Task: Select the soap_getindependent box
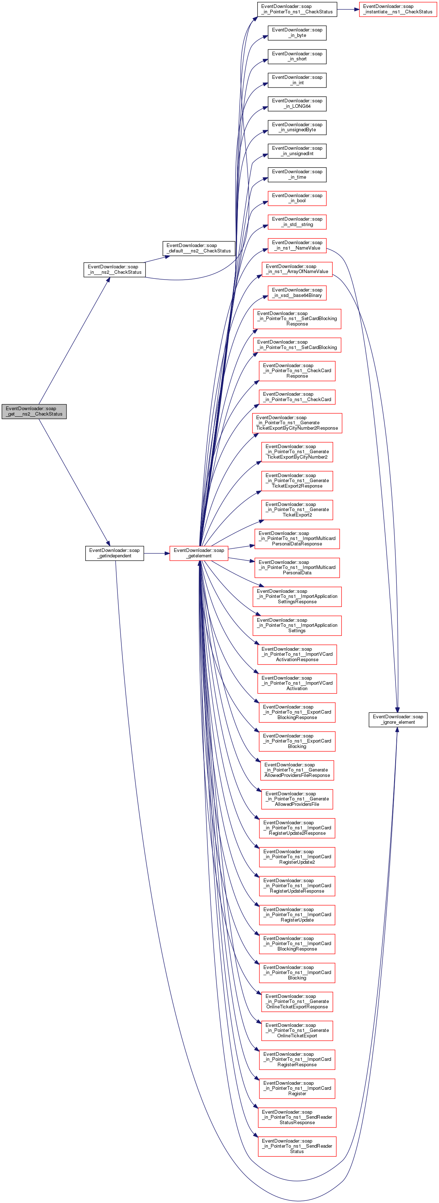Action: pos(114,553)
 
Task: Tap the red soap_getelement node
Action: pos(199,553)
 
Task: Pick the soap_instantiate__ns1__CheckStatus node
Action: pos(397,9)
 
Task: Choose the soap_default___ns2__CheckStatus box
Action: pos(199,248)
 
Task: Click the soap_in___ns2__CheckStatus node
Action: pos(114,269)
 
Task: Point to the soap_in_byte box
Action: pos(297,33)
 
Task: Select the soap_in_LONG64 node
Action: pos(297,104)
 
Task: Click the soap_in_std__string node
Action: pos(297,222)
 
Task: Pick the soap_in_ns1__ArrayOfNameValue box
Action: pos(297,269)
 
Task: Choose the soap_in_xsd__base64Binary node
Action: pos(297,293)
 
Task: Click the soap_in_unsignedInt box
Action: pos(297,151)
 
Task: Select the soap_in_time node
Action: pos(297,175)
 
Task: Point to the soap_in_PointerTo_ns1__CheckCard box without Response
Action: pos(297,397)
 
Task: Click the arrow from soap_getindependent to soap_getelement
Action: pos(157,553)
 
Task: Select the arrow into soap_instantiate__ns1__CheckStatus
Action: pos(348,9)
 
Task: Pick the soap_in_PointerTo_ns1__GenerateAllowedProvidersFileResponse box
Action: pos(297,770)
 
